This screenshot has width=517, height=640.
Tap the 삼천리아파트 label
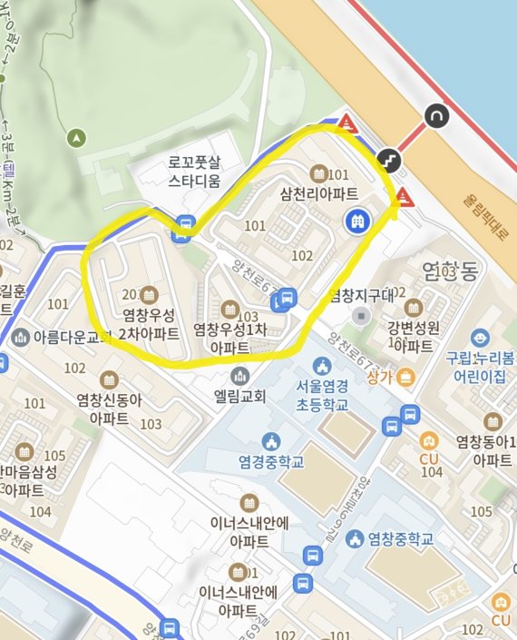(319, 193)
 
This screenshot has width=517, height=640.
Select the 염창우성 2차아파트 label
(150, 324)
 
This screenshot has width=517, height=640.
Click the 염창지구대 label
(362, 296)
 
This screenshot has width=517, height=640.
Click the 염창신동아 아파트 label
(109, 410)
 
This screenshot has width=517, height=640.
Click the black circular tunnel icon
(436, 116)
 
